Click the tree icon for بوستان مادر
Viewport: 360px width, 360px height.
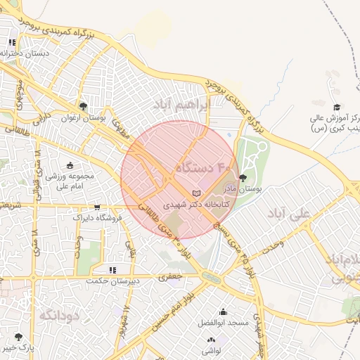243,179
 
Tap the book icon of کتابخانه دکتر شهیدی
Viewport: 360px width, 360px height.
196,193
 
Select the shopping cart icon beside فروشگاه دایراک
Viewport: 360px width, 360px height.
96,207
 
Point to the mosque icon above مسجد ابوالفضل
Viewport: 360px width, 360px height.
224,311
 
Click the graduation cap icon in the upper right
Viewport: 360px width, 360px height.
337,107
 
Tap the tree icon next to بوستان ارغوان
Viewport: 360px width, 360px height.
84,106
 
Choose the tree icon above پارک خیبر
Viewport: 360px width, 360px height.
18,337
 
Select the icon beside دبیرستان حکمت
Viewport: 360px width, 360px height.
112,269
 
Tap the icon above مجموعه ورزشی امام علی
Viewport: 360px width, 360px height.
70,165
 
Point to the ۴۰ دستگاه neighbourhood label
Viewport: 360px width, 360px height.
203,167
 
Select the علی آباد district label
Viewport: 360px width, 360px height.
288,213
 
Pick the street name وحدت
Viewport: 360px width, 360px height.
272,243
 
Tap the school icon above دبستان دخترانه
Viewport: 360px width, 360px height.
11,42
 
